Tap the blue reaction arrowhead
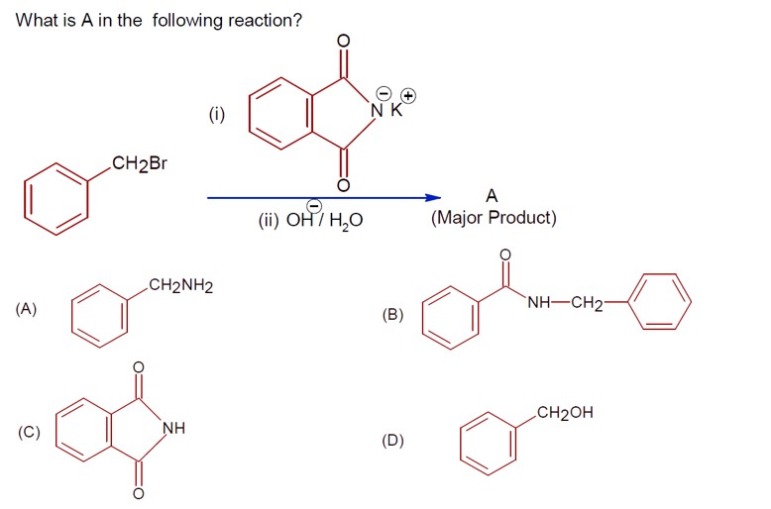point(433,197)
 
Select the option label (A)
point(27,308)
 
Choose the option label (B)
point(393,314)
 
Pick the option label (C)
point(27,432)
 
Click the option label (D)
point(393,441)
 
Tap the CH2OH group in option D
point(564,413)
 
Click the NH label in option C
point(173,429)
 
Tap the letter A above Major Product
point(493,196)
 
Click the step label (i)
point(216,114)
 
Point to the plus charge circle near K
point(407,96)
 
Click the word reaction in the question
point(257,21)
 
